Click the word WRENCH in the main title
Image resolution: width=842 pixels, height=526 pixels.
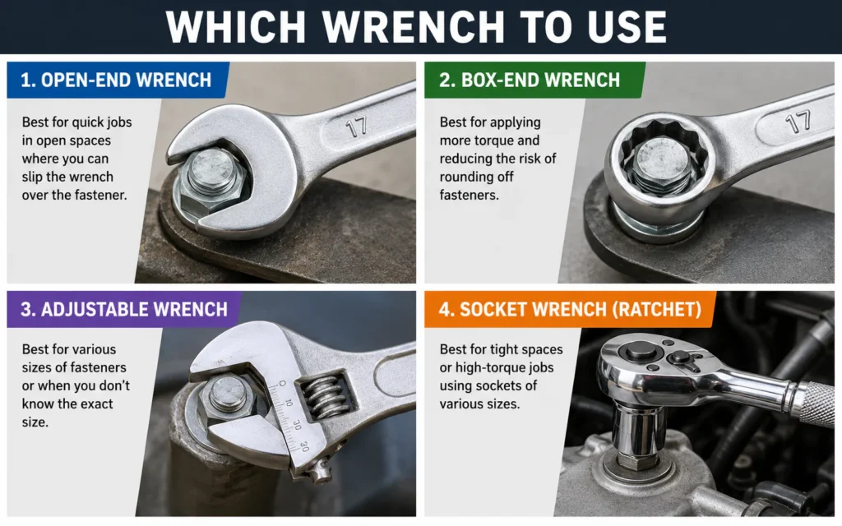pyautogui.click(x=414, y=25)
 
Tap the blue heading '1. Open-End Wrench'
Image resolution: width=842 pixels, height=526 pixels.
pyautogui.click(x=116, y=80)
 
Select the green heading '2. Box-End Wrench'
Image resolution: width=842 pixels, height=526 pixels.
pyautogui.click(x=530, y=80)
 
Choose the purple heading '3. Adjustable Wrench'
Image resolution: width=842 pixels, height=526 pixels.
pyautogui.click(x=124, y=309)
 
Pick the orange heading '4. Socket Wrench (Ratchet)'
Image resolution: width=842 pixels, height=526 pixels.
pyautogui.click(x=571, y=309)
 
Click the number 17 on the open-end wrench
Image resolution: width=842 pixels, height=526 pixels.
pyautogui.click(x=356, y=127)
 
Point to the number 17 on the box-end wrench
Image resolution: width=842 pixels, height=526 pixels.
pyautogui.click(x=798, y=122)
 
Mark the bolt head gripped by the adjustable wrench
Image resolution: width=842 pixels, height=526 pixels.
pyautogui.click(x=229, y=399)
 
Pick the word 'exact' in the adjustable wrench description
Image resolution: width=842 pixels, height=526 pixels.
pyautogui.click(x=97, y=404)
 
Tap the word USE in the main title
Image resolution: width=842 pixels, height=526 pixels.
pyautogui.click(x=627, y=25)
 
